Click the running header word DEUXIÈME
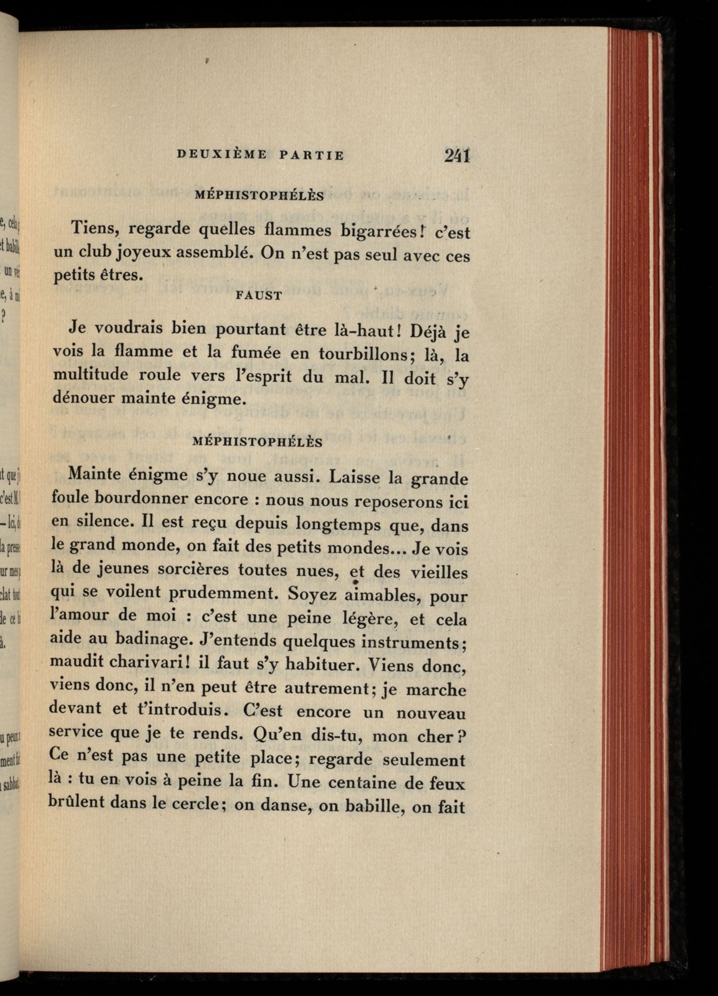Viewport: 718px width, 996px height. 222,155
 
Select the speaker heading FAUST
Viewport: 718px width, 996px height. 259,296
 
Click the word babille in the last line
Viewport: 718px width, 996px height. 366,806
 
